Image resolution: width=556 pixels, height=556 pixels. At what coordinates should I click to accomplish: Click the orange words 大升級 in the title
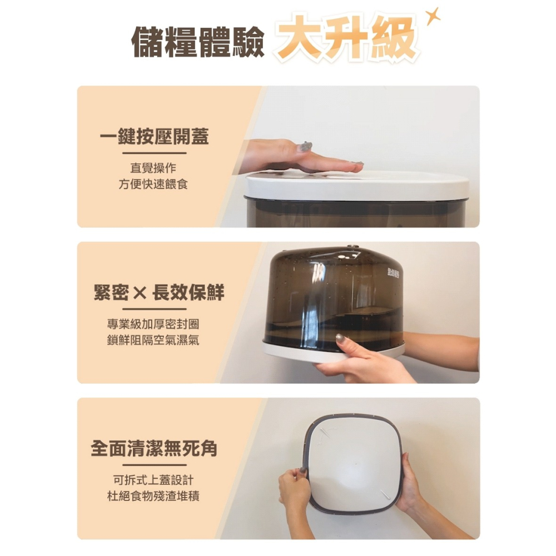click(347, 39)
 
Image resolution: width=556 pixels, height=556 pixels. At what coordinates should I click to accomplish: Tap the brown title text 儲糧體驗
click(198, 42)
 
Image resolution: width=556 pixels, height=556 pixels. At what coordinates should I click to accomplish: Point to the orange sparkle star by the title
click(433, 16)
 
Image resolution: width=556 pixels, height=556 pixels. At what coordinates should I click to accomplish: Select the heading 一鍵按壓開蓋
click(155, 137)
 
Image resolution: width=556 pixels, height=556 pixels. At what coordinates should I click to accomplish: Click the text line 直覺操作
click(153, 168)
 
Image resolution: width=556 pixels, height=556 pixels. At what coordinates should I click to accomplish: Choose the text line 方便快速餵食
click(153, 184)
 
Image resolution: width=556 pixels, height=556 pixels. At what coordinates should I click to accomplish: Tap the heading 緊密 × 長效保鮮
click(159, 293)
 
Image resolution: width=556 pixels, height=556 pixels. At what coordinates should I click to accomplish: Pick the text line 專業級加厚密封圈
click(153, 324)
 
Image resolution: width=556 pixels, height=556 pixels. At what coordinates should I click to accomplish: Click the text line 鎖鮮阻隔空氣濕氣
click(153, 340)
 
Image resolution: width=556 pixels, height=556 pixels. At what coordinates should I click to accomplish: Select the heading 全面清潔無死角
click(154, 449)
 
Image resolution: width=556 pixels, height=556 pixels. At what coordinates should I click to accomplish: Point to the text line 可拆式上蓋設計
click(153, 480)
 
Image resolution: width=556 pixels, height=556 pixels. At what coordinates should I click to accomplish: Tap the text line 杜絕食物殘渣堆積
click(153, 496)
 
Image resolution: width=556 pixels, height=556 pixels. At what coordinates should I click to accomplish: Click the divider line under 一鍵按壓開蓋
click(155, 153)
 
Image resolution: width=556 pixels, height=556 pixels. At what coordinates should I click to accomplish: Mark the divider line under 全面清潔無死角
click(155, 465)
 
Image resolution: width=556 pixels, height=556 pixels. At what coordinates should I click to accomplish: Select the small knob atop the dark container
click(351, 246)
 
